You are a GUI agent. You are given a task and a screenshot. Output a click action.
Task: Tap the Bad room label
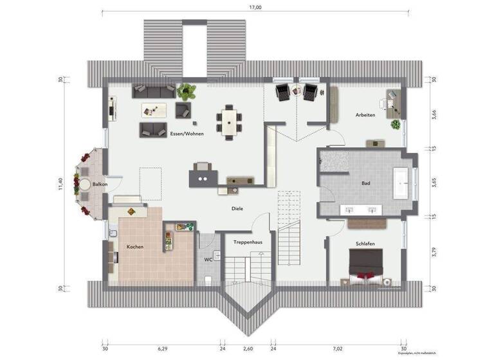pyautogui.click(x=366, y=184)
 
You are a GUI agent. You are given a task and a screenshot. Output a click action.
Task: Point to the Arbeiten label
pyautogui.click(x=365, y=115)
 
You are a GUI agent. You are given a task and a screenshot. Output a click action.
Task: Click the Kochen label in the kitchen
pyautogui.click(x=135, y=247)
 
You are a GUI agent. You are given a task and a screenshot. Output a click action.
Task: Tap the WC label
pyautogui.click(x=208, y=260)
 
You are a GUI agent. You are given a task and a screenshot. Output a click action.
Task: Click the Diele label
pyautogui.click(x=237, y=209)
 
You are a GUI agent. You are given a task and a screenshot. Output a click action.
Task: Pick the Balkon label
pyautogui.click(x=100, y=184)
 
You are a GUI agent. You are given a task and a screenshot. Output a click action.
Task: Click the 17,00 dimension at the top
pyautogui.click(x=255, y=8)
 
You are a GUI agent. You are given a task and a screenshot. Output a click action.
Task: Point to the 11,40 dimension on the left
pyautogui.click(x=61, y=184)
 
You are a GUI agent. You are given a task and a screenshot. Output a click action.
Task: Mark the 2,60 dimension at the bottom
pyautogui.click(x=248, y=349)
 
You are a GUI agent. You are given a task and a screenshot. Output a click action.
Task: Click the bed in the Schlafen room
pyautogui.click(x=366, y=265)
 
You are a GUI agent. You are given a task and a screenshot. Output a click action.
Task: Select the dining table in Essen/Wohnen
pyautogui.click(x=230, y=120)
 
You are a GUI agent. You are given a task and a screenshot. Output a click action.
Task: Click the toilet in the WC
pyautogui.click(x=209, y=280)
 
